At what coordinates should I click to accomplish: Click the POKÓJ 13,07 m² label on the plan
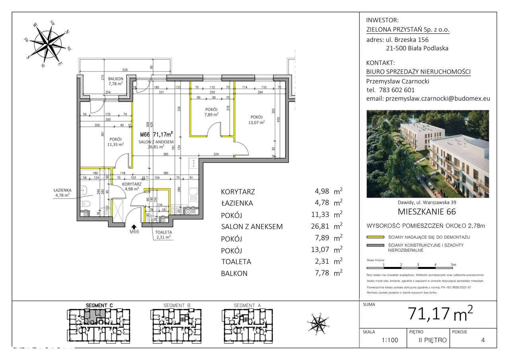pyautogui.click(x=256, y=120)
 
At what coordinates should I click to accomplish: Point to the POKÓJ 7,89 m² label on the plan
pyautogui.click(x=211, y=112)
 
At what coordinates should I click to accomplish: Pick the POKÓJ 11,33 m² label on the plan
pyautogui.click(x=115, y=142)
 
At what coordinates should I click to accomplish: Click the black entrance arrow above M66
pyautogui.click(x=134, y=227)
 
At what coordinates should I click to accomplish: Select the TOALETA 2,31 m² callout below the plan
pyautogui.click(x=163, y=234)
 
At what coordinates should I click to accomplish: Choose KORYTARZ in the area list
pyautogui.click(x=238, y=192)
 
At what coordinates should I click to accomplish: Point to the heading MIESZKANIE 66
pyautogui.click(x=427, y=212)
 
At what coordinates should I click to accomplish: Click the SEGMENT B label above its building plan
pyautogui.click(x=177, y=306)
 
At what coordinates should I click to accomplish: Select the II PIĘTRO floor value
pyautogui.click(x=433, y=340)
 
